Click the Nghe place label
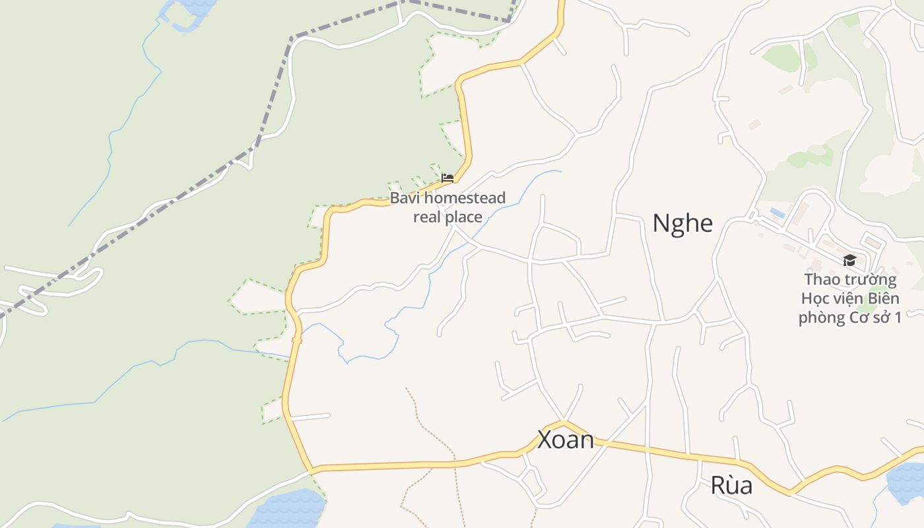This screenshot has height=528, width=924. [682, 223]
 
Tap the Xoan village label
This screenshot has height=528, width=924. [566, 440]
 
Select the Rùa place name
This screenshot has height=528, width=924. [731, 486]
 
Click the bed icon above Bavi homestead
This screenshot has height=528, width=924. [447, 178]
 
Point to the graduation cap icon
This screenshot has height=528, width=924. [849, 261]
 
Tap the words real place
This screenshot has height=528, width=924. [447, 216]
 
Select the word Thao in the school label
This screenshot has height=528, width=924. [821, 279]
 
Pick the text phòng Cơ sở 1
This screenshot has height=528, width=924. [850, 317]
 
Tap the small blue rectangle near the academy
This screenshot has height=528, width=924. [777, 213]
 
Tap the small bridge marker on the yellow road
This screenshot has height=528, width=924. [296, 341]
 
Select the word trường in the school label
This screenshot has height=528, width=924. [869, 279]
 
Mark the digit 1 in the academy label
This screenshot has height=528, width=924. [898, 317]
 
